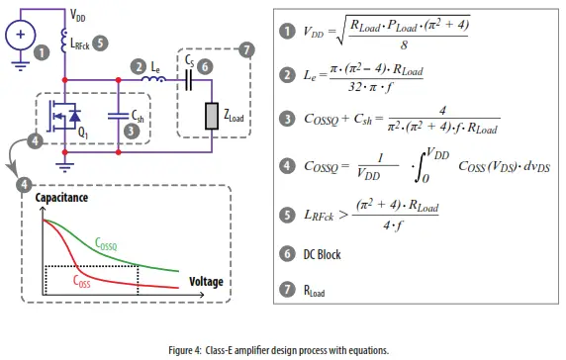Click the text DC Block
(319, 254)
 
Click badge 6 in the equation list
(287, 254)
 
